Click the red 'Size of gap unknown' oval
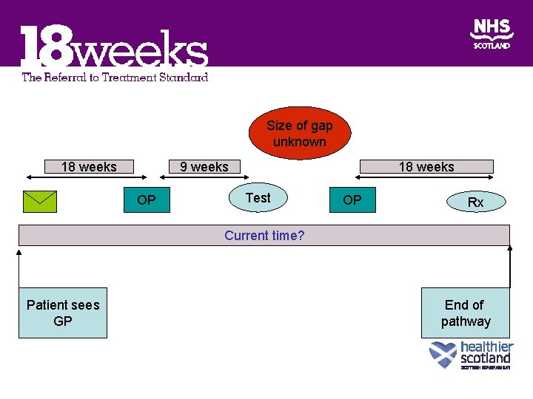coord(299,133)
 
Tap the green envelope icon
coord(40,200)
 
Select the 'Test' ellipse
coord(258,198)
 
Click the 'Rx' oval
coord(475,202)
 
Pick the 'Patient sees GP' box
coord(63,313)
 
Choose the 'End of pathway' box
coord(465,313)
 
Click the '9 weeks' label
coord(204,167)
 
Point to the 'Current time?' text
coord(264,236)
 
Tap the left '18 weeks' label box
coord(89,167)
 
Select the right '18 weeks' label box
coord(426,167)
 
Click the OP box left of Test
coord(147,200)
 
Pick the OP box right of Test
coord(352,200)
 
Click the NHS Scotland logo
coord(492,34)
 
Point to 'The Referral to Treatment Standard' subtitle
coord(115,77)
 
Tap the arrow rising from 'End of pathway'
coord(510,266)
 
